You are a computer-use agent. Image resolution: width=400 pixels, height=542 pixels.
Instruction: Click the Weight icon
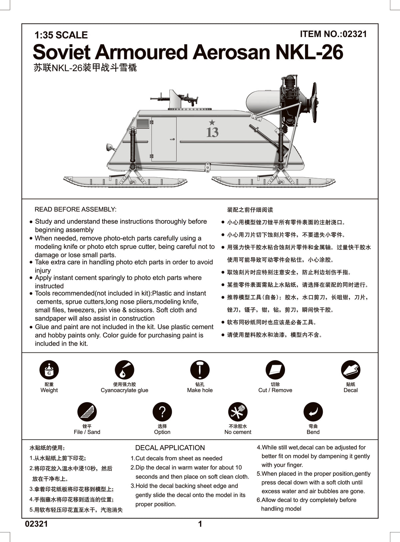click(49, 370)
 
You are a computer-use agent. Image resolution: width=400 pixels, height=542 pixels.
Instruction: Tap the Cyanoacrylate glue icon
click(124, 370)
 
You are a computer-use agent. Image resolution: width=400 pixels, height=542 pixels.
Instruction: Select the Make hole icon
click(200, 370)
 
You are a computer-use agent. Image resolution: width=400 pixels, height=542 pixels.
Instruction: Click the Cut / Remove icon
click(275, 370)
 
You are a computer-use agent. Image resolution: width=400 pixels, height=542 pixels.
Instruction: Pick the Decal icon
click(351, 370)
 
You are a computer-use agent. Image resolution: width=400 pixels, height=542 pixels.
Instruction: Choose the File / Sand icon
click(87, 412)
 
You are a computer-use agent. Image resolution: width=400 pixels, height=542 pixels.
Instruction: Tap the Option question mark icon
click(162, 412)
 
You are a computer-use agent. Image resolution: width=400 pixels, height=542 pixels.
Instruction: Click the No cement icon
click(238, 412)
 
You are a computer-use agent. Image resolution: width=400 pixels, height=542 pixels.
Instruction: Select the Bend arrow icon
click(313, 412)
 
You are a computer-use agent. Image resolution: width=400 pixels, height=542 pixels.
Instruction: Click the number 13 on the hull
click(212, 133)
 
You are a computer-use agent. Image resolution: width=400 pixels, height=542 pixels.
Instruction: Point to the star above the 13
click(212, 123)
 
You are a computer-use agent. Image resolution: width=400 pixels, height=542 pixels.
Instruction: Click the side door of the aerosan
click(164, 139)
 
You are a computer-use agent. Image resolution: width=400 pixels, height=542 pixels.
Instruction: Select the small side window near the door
click(142, 123)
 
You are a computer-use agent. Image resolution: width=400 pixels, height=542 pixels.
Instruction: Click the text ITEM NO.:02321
click(333, 34)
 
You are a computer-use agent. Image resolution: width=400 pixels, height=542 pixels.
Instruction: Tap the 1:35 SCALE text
click(61, 35)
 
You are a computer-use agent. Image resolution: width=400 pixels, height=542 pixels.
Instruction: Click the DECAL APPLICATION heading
click(170, 448)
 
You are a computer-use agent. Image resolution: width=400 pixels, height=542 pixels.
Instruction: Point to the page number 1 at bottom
click(200, 524)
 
